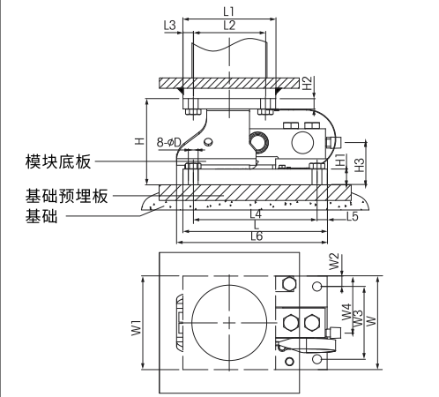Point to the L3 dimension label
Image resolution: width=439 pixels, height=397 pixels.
(170, 25)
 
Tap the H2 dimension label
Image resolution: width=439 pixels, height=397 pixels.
(308, 83)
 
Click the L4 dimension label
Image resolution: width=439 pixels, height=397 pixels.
(256, 213)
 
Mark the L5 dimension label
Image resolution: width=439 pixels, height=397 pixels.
(351, 214)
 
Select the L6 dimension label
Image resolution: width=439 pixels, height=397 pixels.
(257, 236)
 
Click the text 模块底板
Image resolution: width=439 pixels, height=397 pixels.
(56, 161)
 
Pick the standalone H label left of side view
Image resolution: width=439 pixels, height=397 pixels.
(138, 140)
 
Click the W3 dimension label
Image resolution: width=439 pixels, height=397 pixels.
(358, 318)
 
